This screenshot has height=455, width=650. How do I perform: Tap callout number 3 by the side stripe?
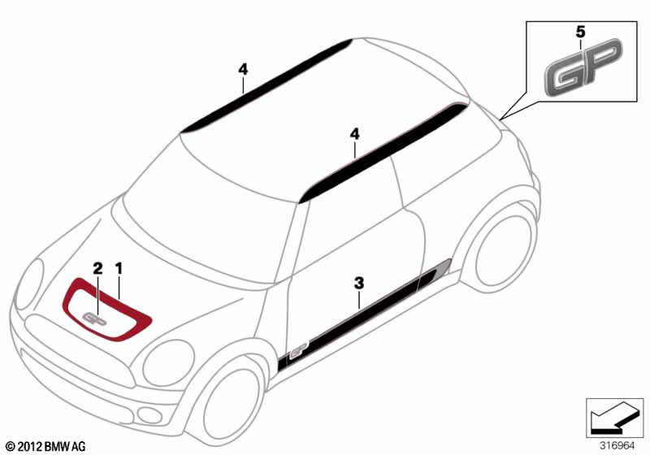point(359,283)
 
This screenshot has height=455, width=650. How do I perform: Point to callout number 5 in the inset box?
point(580,32)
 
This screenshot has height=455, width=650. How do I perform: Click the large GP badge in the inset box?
point(583,67)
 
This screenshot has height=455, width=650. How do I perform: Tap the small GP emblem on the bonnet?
point(95,318)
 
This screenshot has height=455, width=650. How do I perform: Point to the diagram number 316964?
point(617,446)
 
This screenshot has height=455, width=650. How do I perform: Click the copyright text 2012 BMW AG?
point(46,447)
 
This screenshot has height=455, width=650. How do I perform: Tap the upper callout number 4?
point(243,69)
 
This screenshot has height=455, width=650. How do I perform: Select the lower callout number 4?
point(354,134)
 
